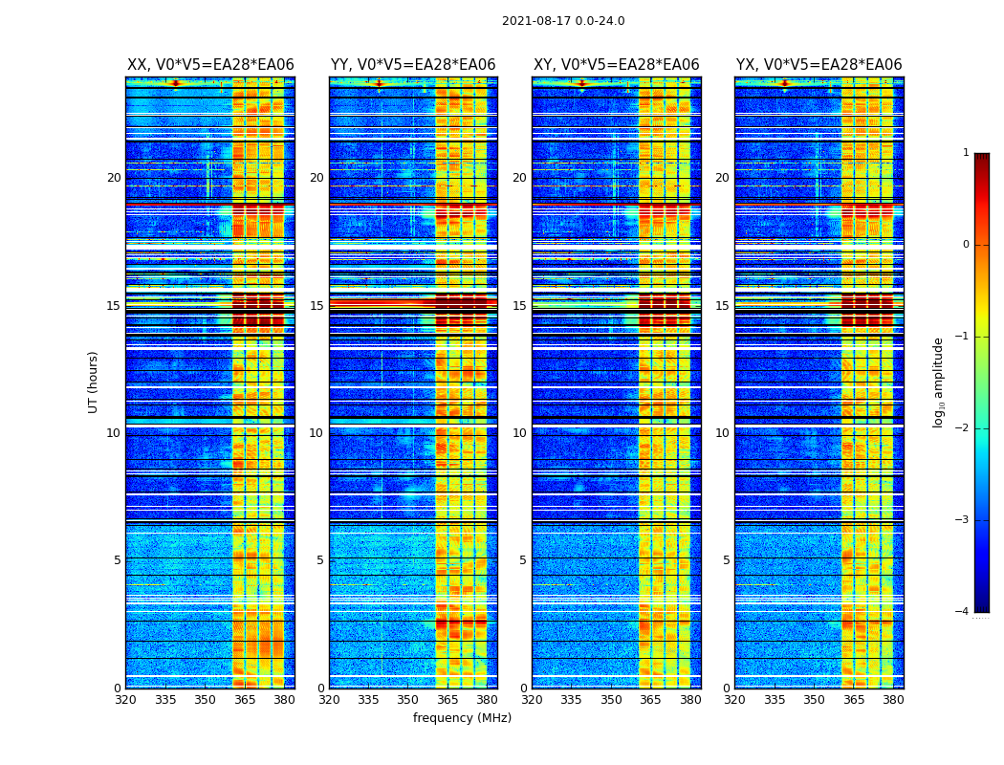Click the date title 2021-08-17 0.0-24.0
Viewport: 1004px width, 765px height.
coord(563,21)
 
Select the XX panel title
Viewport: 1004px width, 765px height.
coord(210,65)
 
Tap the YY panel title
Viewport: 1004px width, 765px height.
coord(413,65)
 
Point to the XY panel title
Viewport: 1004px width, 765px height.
coord(616,65)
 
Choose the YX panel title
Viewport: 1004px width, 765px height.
coord(818,65)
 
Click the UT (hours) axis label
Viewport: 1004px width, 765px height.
coord(94,382)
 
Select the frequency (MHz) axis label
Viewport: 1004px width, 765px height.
coord(462,718)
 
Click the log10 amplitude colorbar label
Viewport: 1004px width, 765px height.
coord(939,382)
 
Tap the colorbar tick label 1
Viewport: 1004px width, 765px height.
coord(966,153)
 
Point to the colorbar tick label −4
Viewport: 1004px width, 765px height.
coord(963,612)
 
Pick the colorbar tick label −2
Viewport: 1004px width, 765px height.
coord(963,428)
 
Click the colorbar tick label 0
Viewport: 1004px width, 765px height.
coord(966,245)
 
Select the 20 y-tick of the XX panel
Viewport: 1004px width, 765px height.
coord(114,178)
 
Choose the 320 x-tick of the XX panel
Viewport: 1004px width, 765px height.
coord(125,700)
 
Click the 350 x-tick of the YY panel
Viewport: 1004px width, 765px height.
coord(407,700)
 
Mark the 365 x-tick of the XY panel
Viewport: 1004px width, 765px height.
coord(650,700)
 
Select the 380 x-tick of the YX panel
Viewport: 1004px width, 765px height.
coord(893,700)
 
